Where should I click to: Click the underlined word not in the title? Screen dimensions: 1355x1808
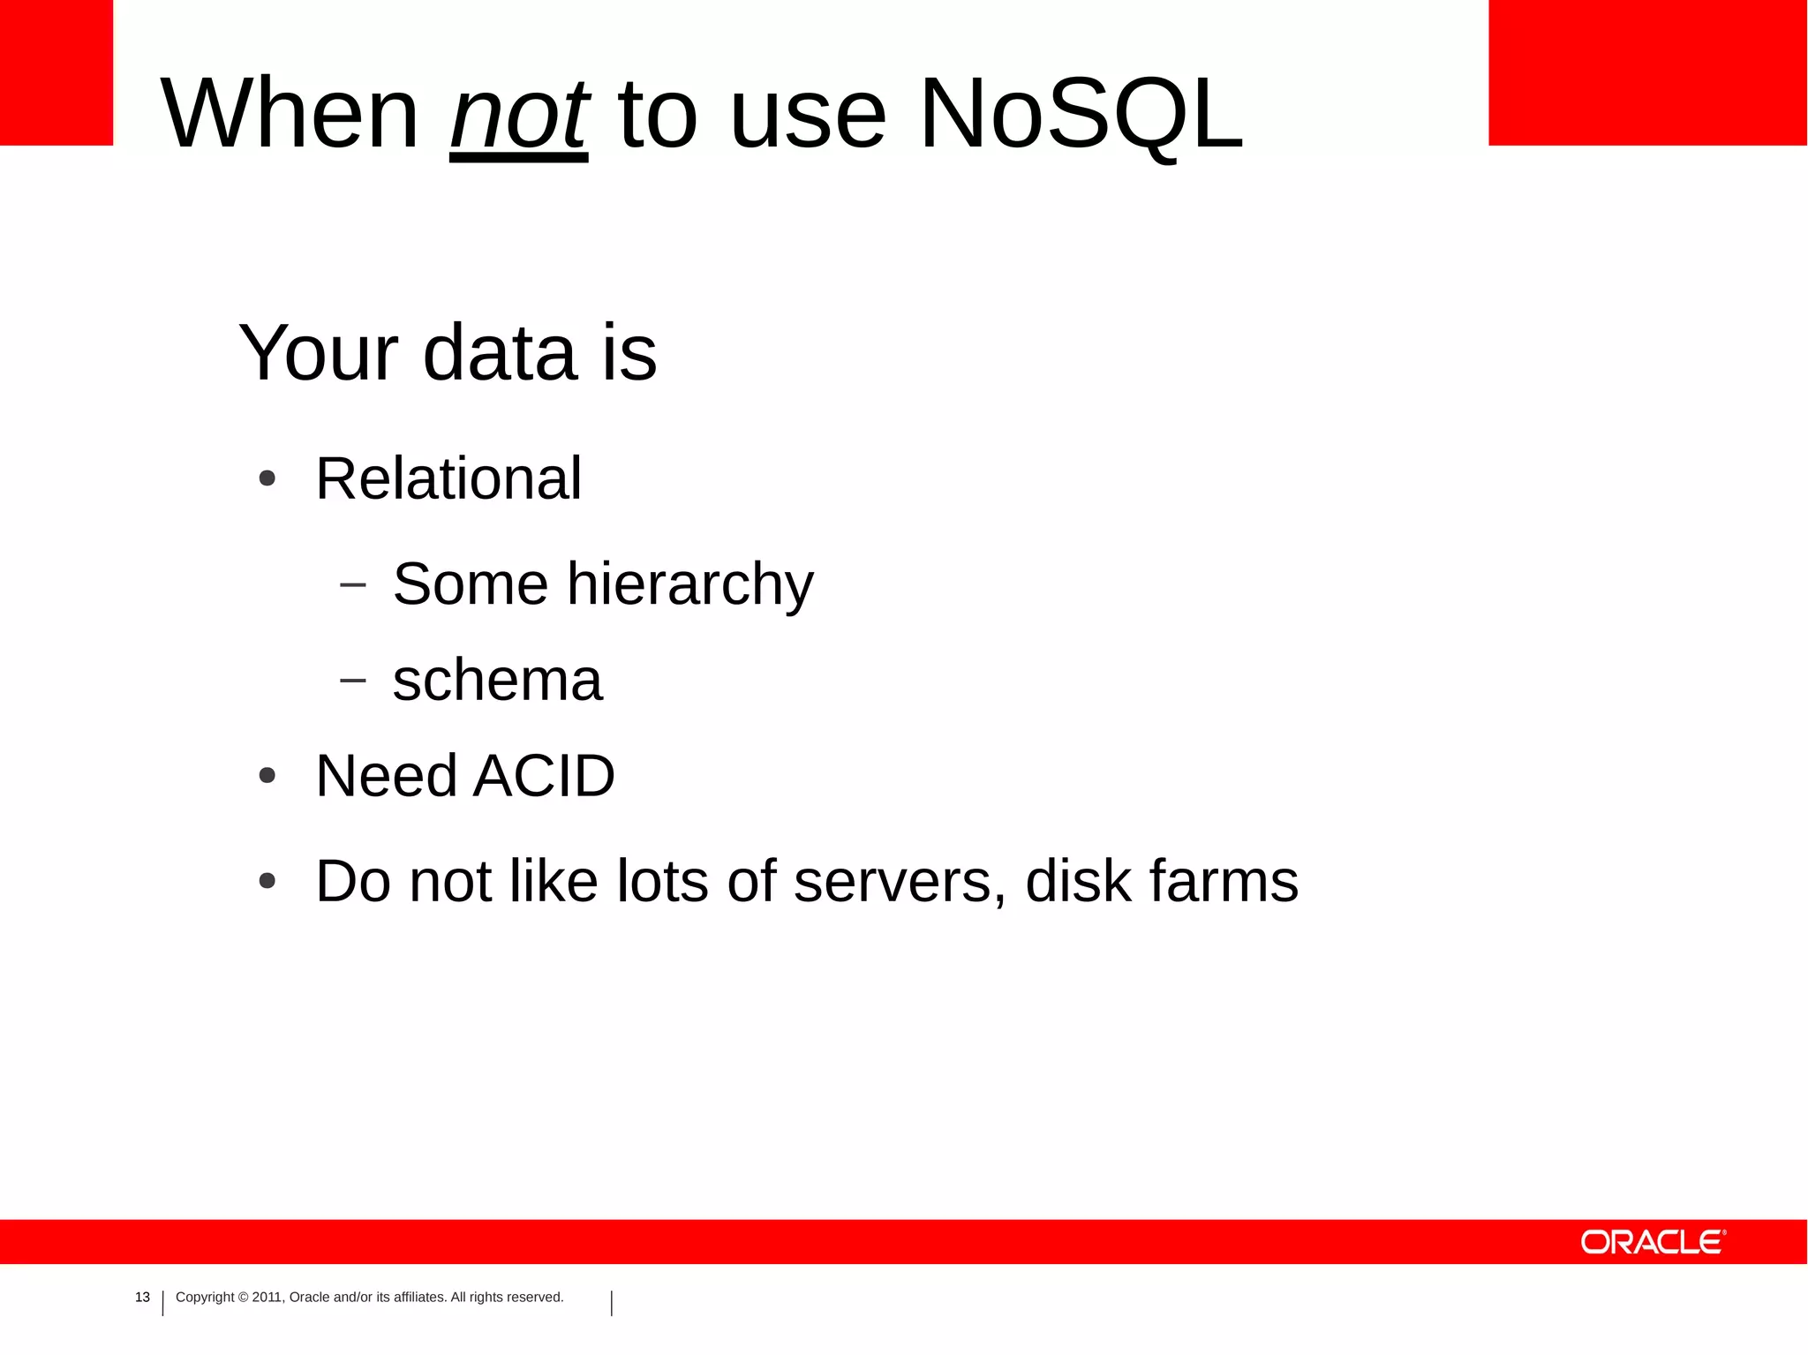(519, 116)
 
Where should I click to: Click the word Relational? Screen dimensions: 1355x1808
(448, 479)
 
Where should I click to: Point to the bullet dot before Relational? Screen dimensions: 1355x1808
(267, 479)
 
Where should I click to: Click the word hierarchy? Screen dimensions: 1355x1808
(689, 585)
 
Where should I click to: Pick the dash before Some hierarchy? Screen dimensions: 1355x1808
(352, 584)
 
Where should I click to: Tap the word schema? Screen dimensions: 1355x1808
(497, 681)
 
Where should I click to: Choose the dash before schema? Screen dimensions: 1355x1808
(352, 681)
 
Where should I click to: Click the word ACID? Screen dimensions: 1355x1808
(544, 777)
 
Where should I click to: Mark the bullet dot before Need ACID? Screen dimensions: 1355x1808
(267, 777)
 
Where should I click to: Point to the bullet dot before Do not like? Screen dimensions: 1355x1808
(267, 881)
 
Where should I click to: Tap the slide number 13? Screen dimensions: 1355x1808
(142, 1297)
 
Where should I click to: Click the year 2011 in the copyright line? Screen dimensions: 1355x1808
(267, 1297)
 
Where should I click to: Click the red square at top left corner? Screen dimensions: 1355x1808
(56, 72)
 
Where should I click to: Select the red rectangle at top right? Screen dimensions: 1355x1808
(1647, 72)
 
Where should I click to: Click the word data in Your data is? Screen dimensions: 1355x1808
(500, 353)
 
